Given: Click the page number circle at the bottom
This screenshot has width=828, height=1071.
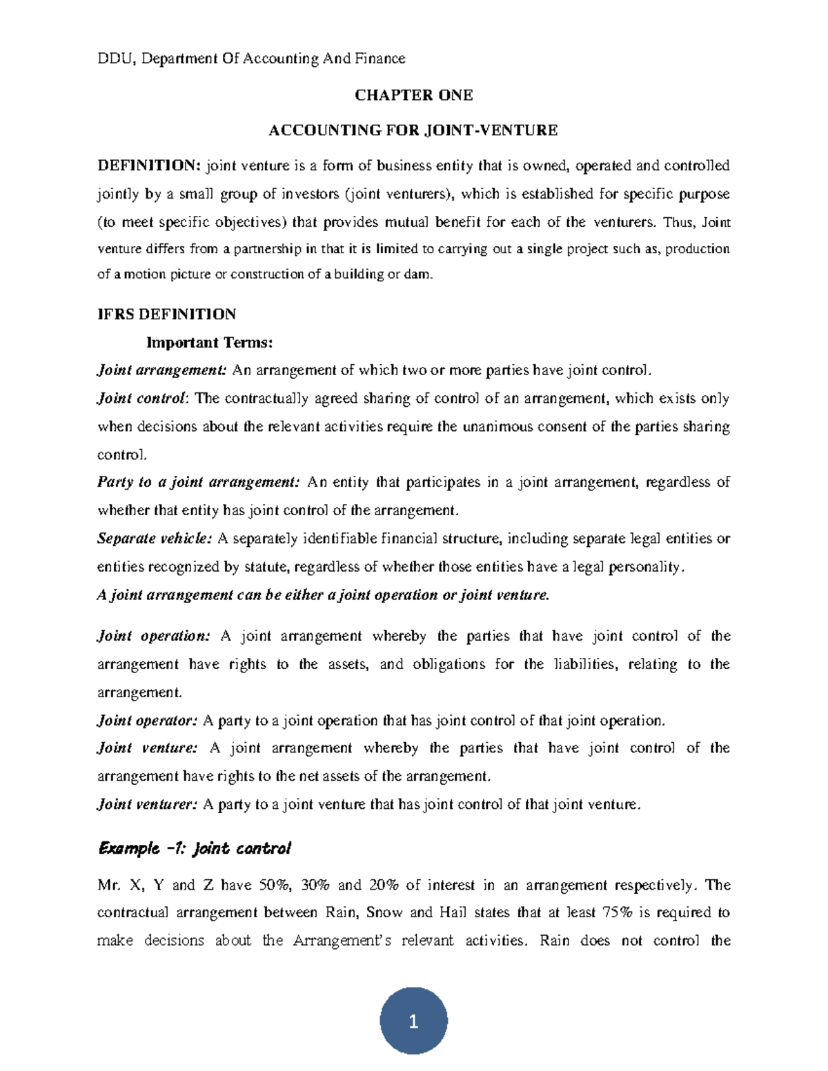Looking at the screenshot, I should point(413,1021).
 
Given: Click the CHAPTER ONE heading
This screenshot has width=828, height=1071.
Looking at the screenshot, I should point(413,95).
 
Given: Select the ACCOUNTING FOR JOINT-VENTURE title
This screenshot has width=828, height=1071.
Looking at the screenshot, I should point(413,130).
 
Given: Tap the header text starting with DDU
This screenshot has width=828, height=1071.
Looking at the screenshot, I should point(251,59).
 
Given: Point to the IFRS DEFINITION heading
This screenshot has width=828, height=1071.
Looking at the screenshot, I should point(166,314).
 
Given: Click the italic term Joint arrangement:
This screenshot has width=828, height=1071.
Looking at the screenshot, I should point(161,370).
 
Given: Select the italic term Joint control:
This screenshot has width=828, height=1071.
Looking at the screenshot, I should point(142,399).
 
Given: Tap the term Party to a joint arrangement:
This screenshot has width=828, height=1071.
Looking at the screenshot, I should point(199,482).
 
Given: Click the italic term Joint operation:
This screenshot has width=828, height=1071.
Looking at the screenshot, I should point(153,636).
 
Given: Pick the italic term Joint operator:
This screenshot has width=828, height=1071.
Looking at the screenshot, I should point(147,721).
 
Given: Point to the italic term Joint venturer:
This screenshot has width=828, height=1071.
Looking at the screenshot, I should point(148,804).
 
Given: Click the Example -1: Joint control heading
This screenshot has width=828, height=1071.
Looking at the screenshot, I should point(194,848).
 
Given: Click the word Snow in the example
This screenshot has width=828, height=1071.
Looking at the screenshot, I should point(384,912).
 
